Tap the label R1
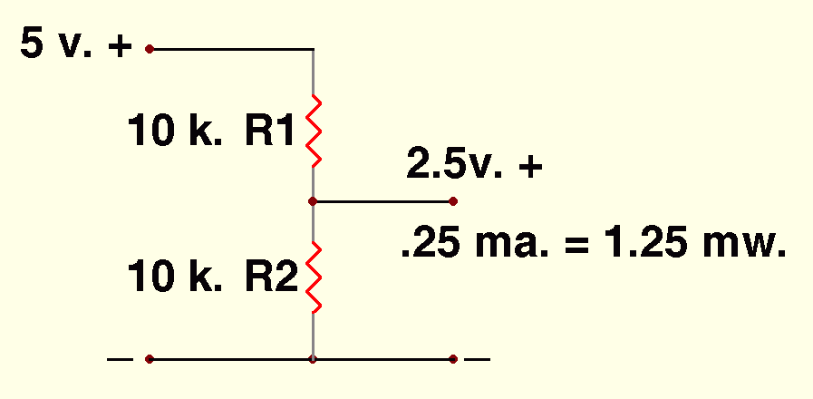point(270,132)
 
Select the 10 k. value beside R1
point(176,132)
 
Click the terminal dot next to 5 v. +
point(150,48)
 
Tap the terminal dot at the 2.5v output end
point(453,200)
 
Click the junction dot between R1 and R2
point(313,200)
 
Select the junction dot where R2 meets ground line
point(313,359)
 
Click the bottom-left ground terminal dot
point(150,359)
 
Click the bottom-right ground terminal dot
point(453,359)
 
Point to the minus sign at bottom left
point(120,359)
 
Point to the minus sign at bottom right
point(478,359)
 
